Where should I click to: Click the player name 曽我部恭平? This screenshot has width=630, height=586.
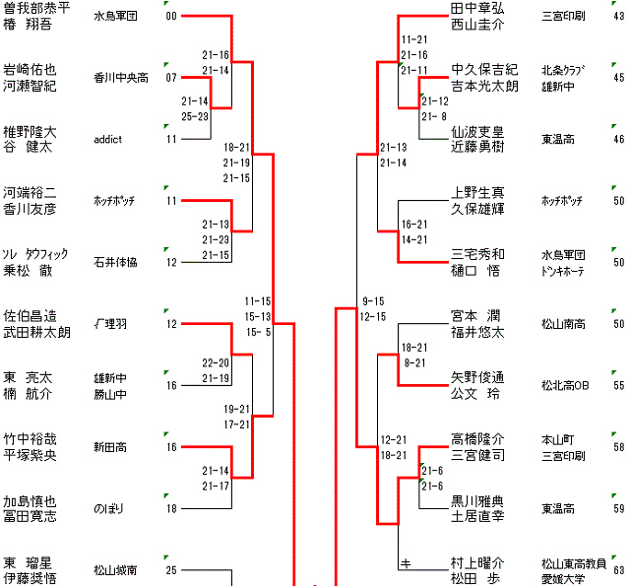[36, 8]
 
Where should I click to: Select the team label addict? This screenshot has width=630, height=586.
[107, 140]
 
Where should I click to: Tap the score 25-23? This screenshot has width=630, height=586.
[195, 116]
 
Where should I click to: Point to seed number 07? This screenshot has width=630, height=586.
[171, 78]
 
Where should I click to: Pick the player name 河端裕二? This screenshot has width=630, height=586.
[30, 192]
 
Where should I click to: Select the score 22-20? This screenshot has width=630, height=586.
[216, 362]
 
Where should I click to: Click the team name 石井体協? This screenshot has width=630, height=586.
[115, 262]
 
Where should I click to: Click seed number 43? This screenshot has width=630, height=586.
[618, 17]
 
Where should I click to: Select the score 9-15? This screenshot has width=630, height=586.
[373, 300]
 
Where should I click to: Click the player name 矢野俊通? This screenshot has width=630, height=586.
[477, 377]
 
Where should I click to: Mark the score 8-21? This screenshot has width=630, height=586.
[413, 362]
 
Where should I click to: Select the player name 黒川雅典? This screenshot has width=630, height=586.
[477, 499]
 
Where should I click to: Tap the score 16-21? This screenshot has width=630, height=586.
[413, 225]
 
